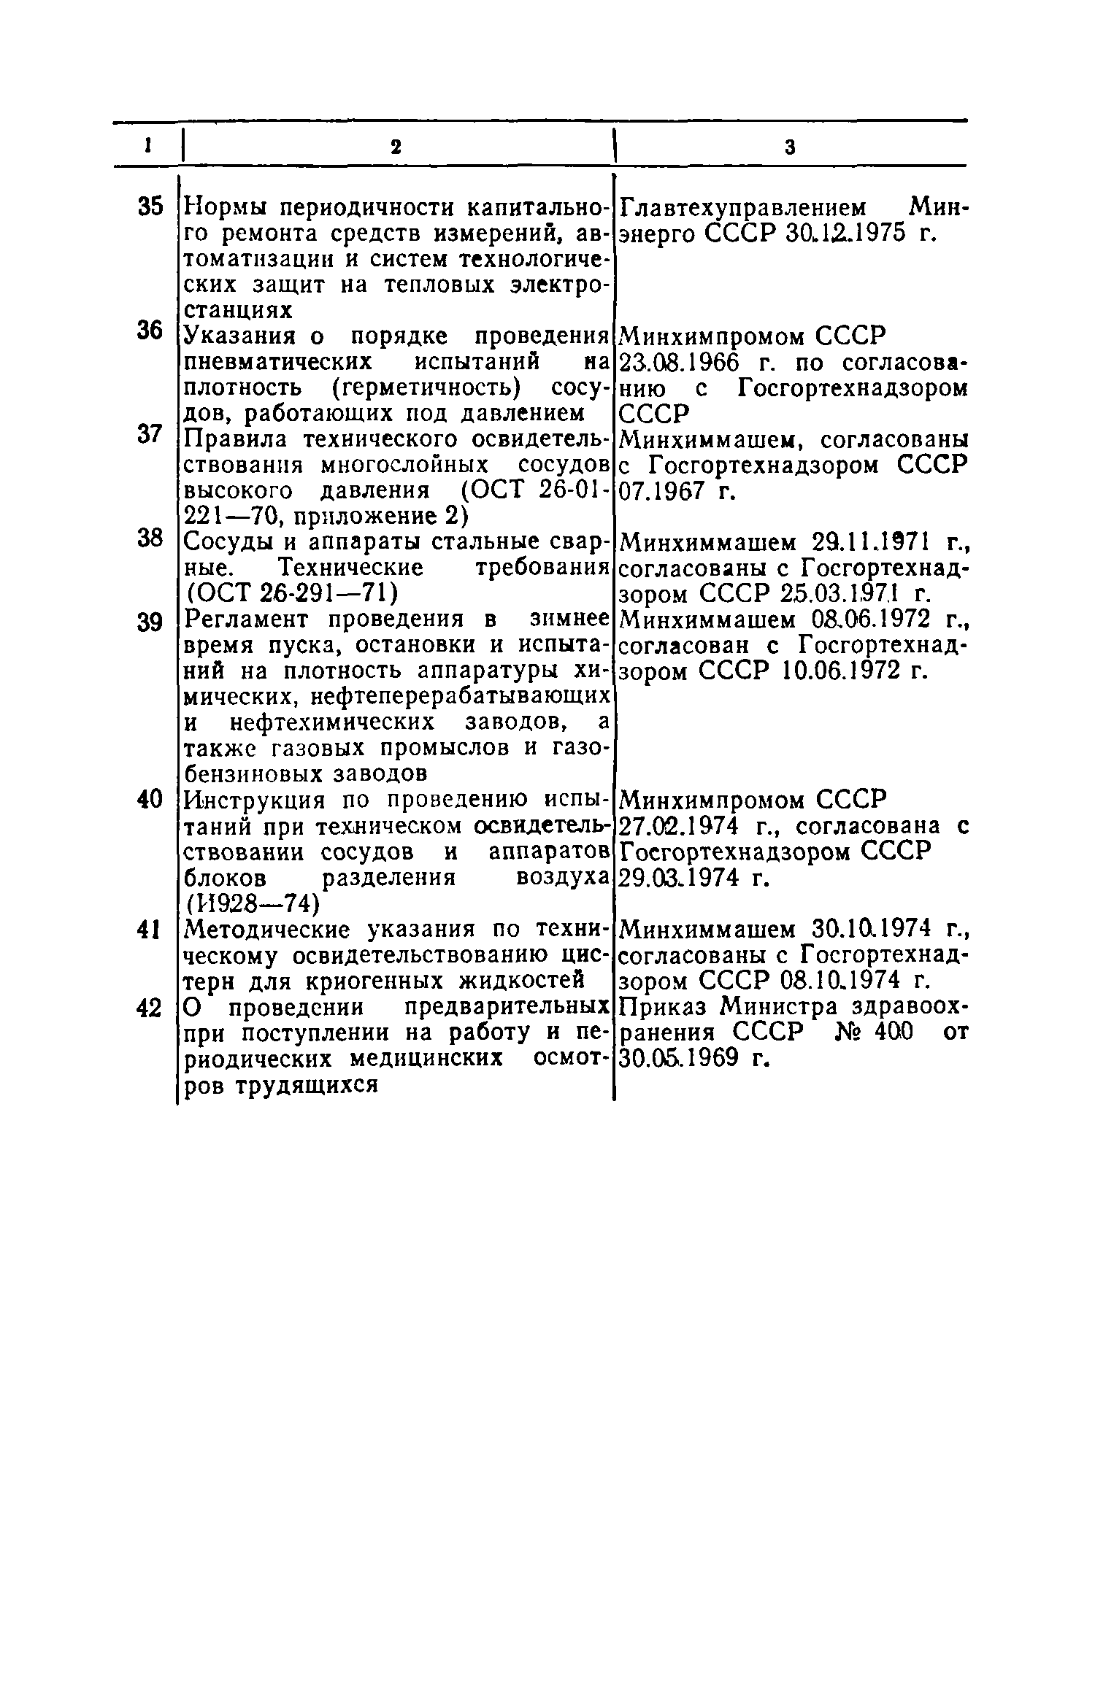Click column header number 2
396,147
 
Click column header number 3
790,147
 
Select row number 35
150,207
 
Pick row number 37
150,434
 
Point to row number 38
150,539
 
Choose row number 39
150,622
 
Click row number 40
150,799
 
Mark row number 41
150,930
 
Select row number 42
150,1008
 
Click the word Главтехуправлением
745,209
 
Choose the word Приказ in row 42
665,1008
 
